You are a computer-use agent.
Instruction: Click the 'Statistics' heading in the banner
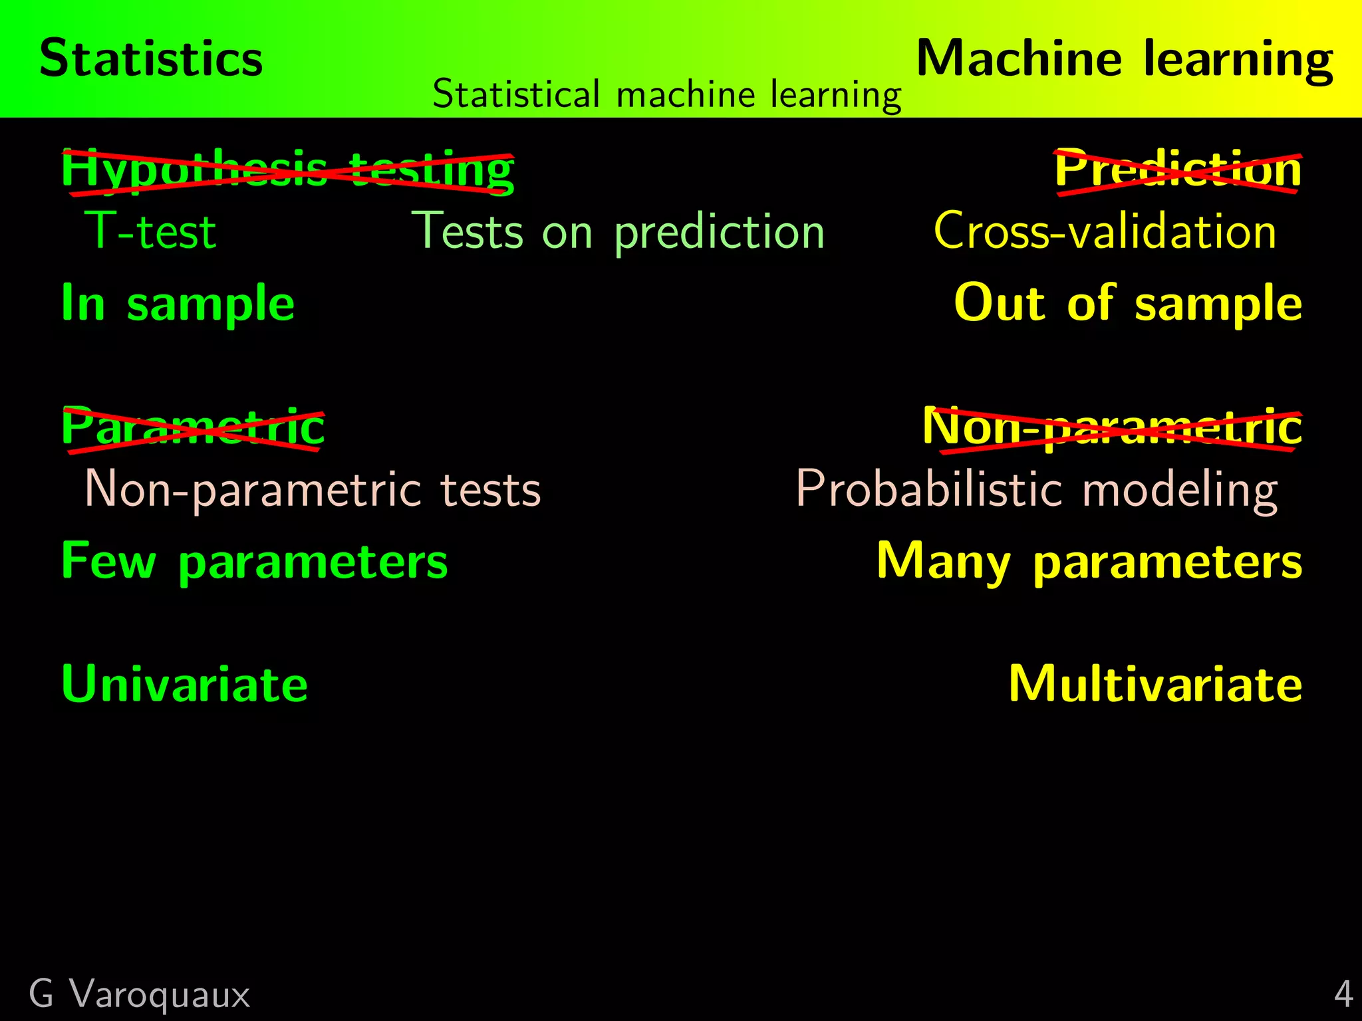151,58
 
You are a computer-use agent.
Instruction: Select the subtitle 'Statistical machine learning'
666,94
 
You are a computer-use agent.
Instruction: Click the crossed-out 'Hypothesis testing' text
287,170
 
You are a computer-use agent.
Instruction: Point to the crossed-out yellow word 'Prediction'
1178,170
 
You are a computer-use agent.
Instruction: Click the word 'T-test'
150,231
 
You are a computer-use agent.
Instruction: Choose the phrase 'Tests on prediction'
618,231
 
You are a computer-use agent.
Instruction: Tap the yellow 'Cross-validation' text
1105,231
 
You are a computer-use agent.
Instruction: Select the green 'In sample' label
178,303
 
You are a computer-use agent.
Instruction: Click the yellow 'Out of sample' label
1128,303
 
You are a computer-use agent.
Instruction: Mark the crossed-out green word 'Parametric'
193,427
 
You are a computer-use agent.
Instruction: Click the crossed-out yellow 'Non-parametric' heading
1112,427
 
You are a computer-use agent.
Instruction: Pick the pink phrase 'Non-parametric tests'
313,489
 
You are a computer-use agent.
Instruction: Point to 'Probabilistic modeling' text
1036,489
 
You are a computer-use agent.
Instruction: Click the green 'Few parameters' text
254,562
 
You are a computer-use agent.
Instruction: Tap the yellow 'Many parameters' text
1089,562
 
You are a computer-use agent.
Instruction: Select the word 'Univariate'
184,684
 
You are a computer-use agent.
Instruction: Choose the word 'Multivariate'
1155,684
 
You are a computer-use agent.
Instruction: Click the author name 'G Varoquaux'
140,995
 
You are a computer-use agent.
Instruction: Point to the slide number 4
1343,995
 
